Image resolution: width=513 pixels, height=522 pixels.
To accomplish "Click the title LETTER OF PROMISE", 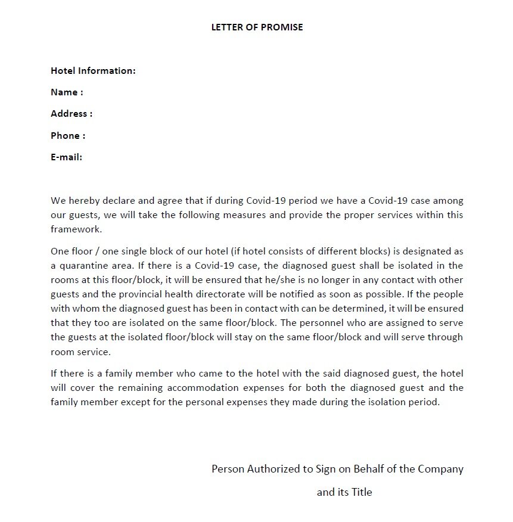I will tap(257, 27).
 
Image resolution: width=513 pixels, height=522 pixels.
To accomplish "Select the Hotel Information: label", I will tap(93, 71).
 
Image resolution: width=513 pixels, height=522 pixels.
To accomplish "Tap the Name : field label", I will tap(66, 92).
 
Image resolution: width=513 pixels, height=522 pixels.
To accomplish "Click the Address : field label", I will tap(71, 114).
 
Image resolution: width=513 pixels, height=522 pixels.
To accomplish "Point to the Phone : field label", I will tap(67, 136).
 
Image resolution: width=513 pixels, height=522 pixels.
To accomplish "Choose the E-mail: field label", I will tap(66, 157).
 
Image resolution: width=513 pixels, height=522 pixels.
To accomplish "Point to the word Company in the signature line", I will tap(440, 469).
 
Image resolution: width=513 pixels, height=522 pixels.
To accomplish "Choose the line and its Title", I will tap(344, 492).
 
